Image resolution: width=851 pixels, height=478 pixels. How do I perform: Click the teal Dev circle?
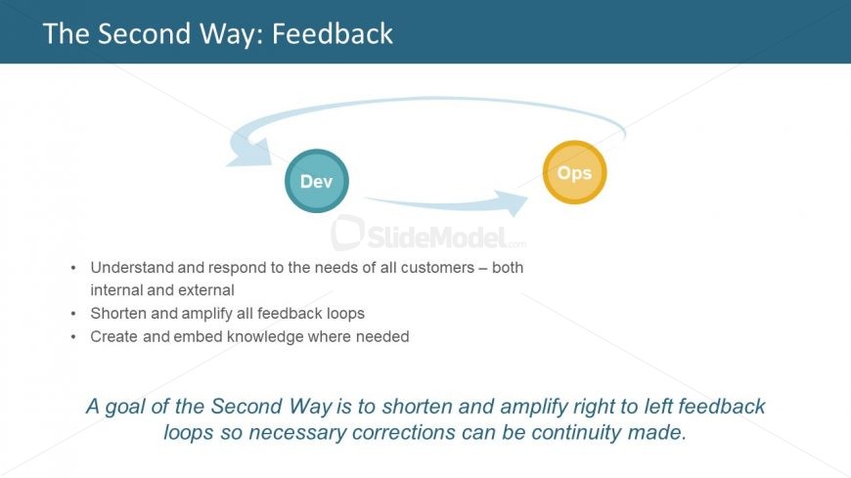(316, 181)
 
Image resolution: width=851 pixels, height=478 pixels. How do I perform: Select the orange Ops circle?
(574, 172)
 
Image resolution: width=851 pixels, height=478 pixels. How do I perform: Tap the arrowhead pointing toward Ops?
(513, 202)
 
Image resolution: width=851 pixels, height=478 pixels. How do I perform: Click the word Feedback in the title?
(333, 33)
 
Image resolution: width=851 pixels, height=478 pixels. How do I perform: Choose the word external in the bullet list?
(206, 289)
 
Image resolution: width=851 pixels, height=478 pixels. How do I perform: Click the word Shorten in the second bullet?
(119, 313)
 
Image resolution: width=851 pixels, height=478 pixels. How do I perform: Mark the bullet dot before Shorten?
(73, 314)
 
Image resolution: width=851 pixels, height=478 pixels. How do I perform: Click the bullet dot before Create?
(73, 337)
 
